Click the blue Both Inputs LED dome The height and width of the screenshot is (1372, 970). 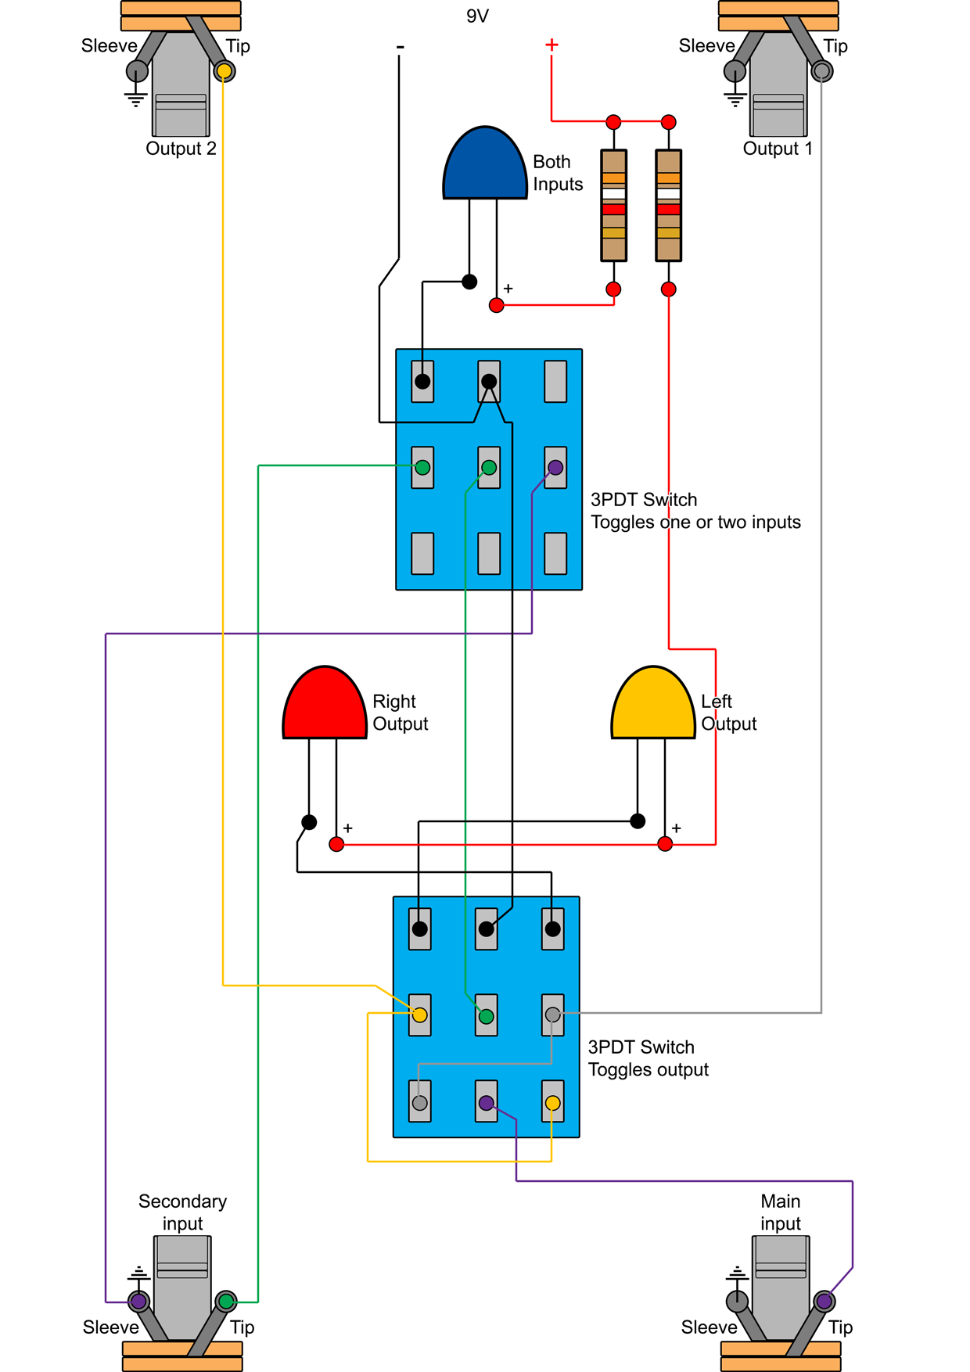click(x=485, y=164)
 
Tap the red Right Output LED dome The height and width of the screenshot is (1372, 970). click(x=325, y=704)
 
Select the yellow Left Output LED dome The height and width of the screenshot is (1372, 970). click(x=653, y=704)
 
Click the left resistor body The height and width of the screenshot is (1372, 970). click(x=614, y=205)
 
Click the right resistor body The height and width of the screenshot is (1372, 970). click(x=669, y=205)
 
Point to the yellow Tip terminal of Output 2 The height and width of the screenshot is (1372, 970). click(x=225, y=71)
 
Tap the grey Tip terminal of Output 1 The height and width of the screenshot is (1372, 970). click(x=821, y=71)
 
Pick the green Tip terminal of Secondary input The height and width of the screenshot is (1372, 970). click(x=226, y=1302)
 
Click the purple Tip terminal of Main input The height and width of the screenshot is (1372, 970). click(x=824, y=1302)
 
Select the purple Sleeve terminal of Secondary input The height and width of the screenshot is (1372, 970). click(x=138, y=1302)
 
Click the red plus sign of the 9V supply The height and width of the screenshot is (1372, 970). click(x=551, y=45)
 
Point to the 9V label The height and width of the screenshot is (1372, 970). click(x=477, y=16)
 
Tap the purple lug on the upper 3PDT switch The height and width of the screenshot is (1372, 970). click(x=555, y=467)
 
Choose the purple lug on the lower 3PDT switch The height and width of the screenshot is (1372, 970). click(x=487, y=1103)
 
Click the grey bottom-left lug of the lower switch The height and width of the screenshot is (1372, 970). click(x=420, y=1103)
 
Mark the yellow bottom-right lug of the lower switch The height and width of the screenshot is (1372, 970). click(x=553, y=1103)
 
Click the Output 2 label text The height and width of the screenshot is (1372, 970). click(x=181, y=149)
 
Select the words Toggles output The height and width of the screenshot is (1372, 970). click(x=648, y=1069)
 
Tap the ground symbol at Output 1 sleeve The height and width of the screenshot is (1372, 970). click(x=735, y=99)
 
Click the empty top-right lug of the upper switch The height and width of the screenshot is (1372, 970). click(x=555, y=381)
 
